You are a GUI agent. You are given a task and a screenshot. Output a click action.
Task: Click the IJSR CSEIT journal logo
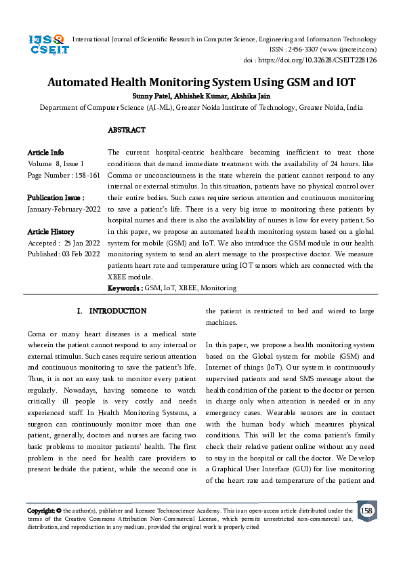46,45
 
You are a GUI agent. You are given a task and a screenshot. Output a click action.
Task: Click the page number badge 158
366,510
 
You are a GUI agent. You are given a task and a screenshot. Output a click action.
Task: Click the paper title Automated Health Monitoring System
201,83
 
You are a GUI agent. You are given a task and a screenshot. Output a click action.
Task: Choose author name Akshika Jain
253,96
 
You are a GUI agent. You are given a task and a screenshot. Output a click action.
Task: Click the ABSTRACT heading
127,130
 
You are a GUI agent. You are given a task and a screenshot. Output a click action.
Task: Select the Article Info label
45,153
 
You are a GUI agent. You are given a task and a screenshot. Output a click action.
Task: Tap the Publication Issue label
56,197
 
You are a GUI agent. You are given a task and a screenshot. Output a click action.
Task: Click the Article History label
51,231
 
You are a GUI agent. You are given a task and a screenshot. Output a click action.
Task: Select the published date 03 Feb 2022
81,254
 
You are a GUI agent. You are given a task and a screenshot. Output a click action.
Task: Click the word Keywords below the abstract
125,288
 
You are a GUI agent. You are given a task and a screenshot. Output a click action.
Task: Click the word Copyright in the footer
41,511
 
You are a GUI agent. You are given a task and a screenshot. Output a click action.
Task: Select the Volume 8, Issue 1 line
56,163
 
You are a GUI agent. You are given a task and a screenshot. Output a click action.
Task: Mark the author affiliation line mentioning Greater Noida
201,107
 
